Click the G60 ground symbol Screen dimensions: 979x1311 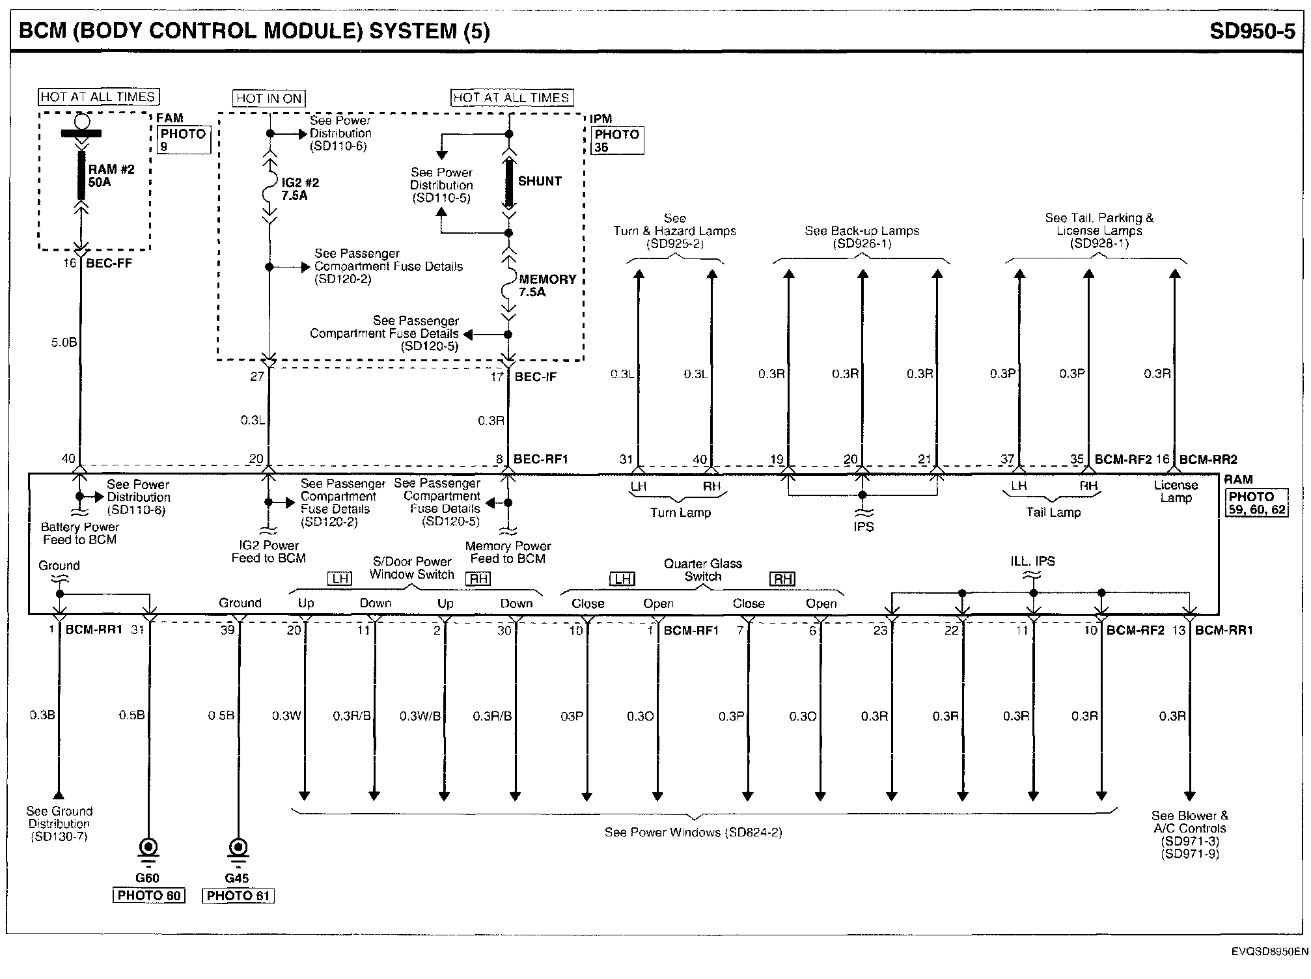tap(149, 848)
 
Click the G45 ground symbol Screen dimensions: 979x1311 tap(238, 848)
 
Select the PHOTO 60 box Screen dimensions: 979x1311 tap(149, 896)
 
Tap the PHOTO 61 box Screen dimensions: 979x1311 tap(238, 896)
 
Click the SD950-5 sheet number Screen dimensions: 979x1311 tap(1252, 31)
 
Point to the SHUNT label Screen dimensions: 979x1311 tap(540, 182)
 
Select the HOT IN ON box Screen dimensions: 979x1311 tap(269, 98)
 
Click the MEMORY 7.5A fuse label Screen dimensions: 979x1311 tap(547, 286)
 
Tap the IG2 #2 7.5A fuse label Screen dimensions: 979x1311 tap(300, 189)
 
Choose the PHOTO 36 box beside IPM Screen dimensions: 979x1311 tap(617, 141)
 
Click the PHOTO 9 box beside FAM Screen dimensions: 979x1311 tap(184, 140)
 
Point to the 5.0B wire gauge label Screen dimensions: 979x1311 tap(64, 342)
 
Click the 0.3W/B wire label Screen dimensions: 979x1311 tap(420, 716)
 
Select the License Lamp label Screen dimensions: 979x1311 tap(1176, 491)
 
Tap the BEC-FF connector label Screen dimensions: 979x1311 tap(109, 264)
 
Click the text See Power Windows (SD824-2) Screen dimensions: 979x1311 tap(693, 832)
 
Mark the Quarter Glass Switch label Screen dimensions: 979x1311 tap(703, 570)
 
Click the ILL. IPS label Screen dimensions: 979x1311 tap(1033, 561)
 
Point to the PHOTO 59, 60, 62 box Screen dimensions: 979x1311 tap(1256, 503)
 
